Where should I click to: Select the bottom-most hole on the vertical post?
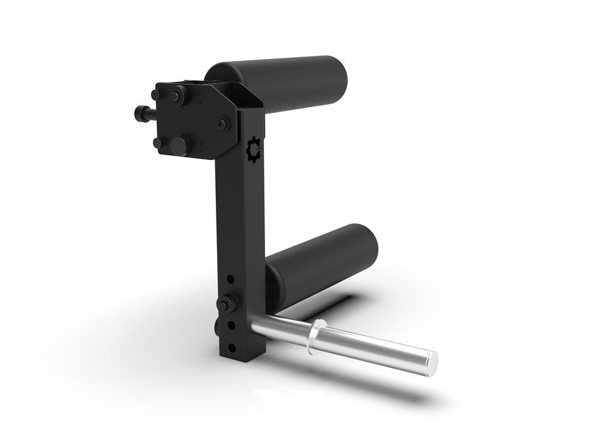[230, 347]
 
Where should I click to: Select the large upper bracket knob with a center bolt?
[178, 95]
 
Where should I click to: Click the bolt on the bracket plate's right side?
[224, 124]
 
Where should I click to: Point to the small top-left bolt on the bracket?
[156, 95]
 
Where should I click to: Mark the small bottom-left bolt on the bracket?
[158, 143]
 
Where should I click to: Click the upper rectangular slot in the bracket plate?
[200, 98]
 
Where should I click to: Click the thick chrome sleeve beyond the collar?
[377, 349]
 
